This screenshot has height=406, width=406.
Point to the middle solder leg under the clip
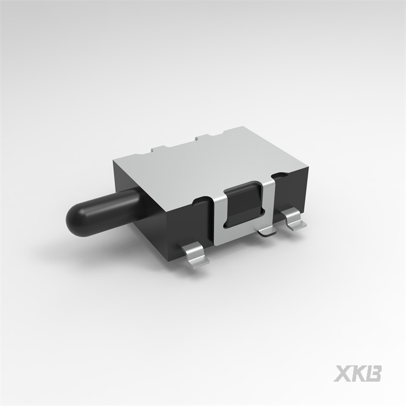266,231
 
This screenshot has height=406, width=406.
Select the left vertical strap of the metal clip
219,217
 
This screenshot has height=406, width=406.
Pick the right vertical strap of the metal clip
269,200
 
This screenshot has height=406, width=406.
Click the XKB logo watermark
358,374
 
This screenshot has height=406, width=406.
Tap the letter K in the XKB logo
358,374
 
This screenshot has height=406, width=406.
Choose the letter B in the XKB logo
373,374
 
